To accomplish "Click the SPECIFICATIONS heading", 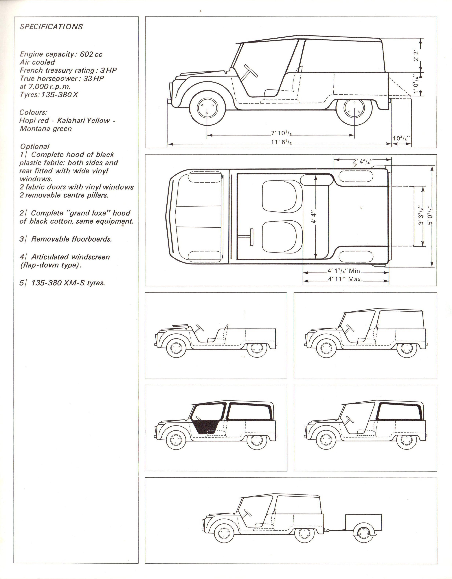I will (x=51, y=27).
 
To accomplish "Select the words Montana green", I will (x=46, y=129).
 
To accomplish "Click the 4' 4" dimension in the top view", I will (x=313, y=217).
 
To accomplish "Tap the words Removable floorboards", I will (x=71, y=239).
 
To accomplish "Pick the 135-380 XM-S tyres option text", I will (x=68, y=283).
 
